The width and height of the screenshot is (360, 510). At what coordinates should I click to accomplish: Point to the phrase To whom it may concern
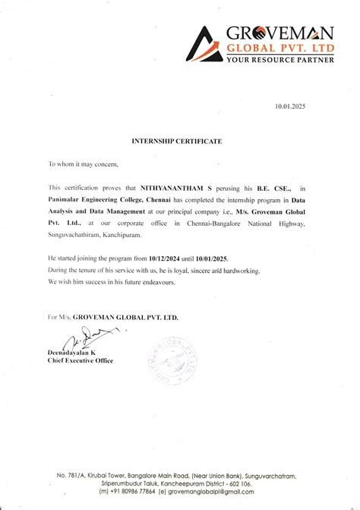pyautogui.click(x=84, y=163)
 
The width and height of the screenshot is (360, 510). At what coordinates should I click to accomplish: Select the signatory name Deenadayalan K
pyautogui.click(x=72, y=353)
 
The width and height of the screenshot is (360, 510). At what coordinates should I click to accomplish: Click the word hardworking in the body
pyautogui.click(x=237, y=271)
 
